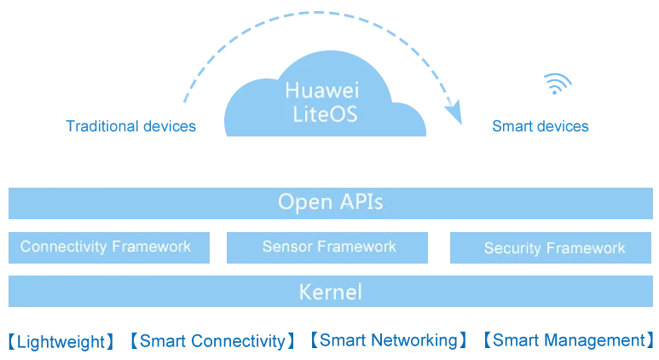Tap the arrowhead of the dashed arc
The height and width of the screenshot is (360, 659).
(x=454, y=113)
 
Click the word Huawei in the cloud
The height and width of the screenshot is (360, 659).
(x=322, y=90)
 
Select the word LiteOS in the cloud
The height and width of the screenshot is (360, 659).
(x=325, y=114)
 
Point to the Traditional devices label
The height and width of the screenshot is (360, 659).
(x=130, y=126)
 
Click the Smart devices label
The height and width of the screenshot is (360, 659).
(x=540, y=126)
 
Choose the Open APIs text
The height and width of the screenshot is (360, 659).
(x=330, y=202)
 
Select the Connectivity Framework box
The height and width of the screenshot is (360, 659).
(x=109, y=247)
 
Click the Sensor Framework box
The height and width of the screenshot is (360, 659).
(x=327, y=247)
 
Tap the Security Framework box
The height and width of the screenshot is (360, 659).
(x=551, y=247)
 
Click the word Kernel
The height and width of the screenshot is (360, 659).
(x=330, y=292)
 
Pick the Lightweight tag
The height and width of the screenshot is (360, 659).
(x=61, y=341)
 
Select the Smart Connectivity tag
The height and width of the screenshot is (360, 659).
(x=212, y=341)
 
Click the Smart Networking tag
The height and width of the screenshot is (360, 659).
(x=389, y=340)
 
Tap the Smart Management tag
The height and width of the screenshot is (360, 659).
(x=569, y=340)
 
